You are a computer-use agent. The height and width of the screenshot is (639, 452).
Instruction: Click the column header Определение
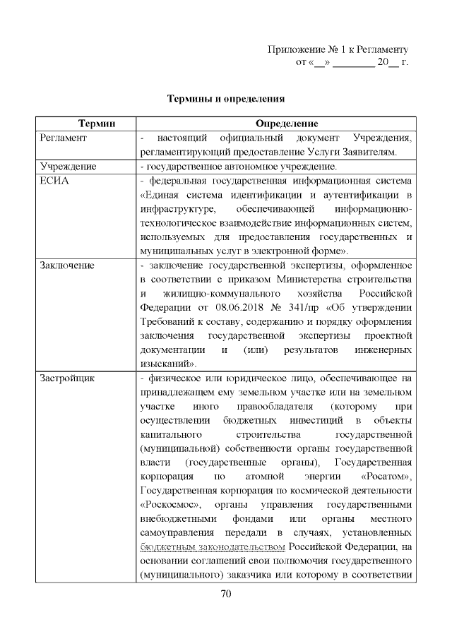[275, 124]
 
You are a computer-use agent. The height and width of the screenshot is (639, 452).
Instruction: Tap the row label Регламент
[63, 138]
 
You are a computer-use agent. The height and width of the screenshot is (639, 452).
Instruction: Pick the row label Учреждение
[68, 167]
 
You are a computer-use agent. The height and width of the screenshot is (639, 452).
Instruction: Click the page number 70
[225, 593]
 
